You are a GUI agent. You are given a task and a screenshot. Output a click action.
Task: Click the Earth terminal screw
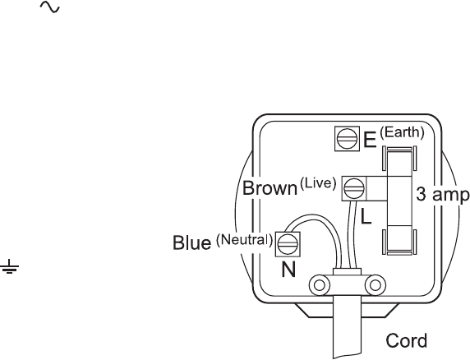[347, 138]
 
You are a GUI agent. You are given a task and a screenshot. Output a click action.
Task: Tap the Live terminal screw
[354, 188]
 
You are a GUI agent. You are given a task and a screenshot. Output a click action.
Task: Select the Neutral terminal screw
[288, 244]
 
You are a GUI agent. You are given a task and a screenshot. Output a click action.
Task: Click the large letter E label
[370, 140]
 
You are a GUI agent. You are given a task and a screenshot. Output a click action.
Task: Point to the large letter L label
[366, 216]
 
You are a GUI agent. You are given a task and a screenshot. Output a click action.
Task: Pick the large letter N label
[288, 269]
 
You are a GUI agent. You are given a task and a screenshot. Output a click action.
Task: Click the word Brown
[270, 188]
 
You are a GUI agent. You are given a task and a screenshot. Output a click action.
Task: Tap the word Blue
[191, 242]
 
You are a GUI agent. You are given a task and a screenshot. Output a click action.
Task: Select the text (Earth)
[403, 132]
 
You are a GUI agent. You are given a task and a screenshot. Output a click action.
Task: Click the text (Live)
[318, 182]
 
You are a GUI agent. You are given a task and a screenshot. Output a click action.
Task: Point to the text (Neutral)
[244, 239]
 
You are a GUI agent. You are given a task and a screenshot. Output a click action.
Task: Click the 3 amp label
[442, 195]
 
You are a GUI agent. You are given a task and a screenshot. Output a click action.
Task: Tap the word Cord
[406, 340]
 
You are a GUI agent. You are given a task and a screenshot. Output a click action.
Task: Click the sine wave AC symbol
[50, 7]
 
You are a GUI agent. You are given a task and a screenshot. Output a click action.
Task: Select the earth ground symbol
[10, 267]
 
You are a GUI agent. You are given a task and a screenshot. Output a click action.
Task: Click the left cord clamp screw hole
[320, 285]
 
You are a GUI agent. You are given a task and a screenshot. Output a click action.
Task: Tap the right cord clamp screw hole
[376, 285]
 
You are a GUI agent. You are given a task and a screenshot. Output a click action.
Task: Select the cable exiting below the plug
[347, 327]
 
